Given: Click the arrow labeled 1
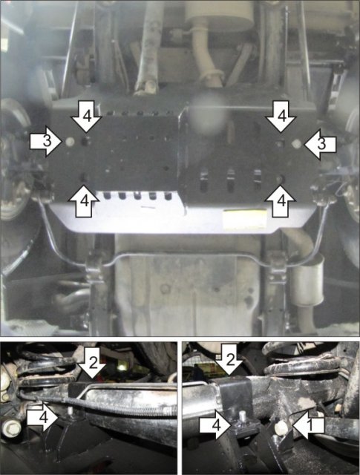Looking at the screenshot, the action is click(x=309, y=425).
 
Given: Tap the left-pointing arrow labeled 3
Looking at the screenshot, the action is click(x=320, y=144).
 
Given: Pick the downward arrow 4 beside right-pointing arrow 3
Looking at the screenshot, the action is click(x=86, y=117).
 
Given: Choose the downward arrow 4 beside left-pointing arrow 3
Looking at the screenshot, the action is click(x=281, y=117).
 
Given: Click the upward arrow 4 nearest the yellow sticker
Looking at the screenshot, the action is click(x=281, y=201).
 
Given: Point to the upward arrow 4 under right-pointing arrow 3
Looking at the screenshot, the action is click(x=84, y=201).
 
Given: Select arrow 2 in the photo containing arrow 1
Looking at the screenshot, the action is click(x=229, y=359).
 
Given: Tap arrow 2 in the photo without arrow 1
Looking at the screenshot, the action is click(x=93, y=363).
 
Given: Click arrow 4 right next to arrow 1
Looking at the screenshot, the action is click(x=216, y=425).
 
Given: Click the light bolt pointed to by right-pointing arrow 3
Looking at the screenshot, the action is click(x=71, y=142).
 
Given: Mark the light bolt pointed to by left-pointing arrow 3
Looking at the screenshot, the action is click(x=296, y=144).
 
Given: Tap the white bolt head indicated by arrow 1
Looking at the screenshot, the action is click(x=281, y=427).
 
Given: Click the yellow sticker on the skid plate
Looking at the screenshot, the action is click(x=244, y=217).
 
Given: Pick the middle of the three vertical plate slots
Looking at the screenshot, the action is click(x=230, y=180).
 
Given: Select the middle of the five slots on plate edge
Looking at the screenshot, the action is click(x=137, y=195).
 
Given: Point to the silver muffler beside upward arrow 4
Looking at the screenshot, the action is click(x=308, y=278).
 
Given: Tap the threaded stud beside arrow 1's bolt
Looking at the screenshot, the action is click(x=242, y=416).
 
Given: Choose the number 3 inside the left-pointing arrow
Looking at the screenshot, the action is click(x=322, y=144).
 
